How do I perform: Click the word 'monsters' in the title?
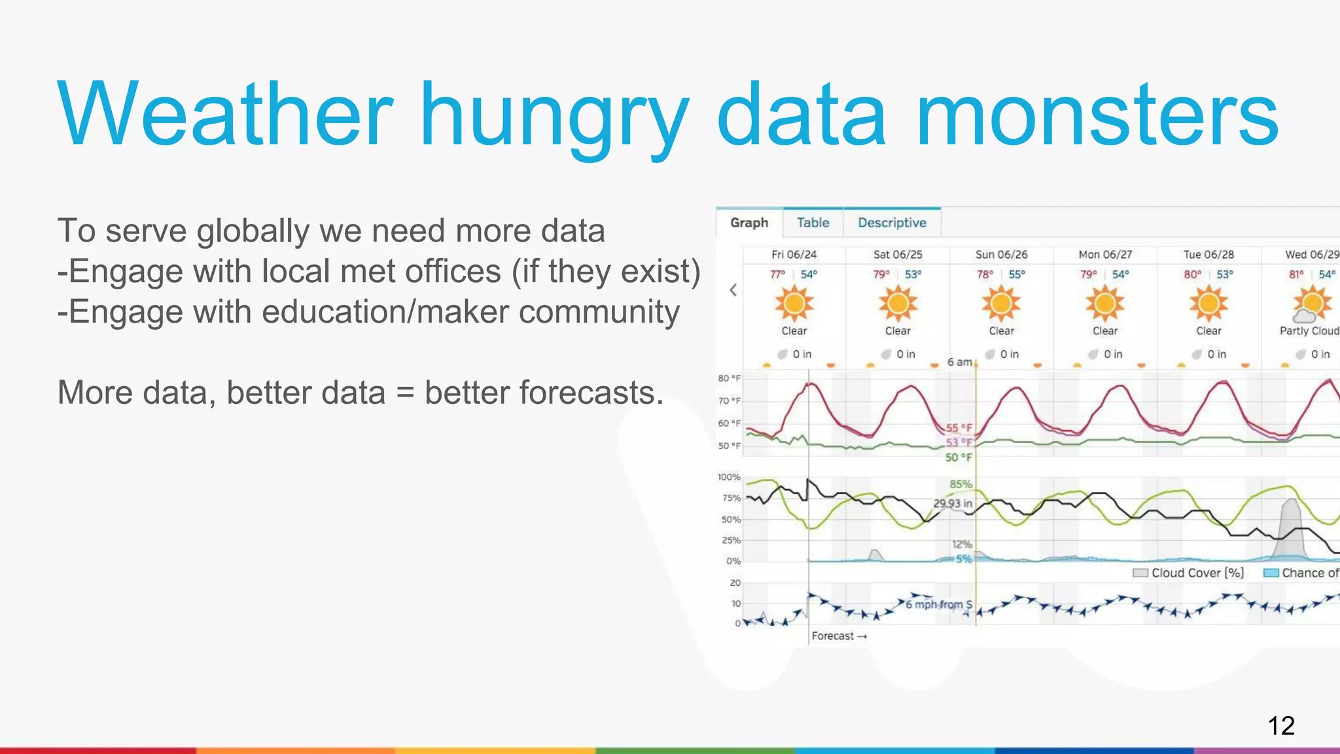(1097, 115)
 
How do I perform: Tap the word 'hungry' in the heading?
(555, 115)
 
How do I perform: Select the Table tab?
(813, 223)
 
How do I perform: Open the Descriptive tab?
(892, 223)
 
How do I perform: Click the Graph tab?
(749, 223)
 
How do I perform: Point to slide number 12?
(1280, 726)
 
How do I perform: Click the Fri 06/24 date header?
(794, 255)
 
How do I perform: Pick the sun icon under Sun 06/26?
(1001, 304)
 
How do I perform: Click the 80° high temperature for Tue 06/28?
(1192, 275)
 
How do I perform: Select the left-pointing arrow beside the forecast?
(733, 290)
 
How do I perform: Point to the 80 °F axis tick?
(729, 378)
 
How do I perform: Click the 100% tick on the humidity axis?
(729, 477)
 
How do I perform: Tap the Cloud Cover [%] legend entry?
(1189, 573)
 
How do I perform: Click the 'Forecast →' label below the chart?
(839, 636)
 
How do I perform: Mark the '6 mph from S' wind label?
(938, 604)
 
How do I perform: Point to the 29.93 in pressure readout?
(952, 503)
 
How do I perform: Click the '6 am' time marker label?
(959, 362)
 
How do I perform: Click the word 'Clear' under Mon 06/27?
(1105, 331)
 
